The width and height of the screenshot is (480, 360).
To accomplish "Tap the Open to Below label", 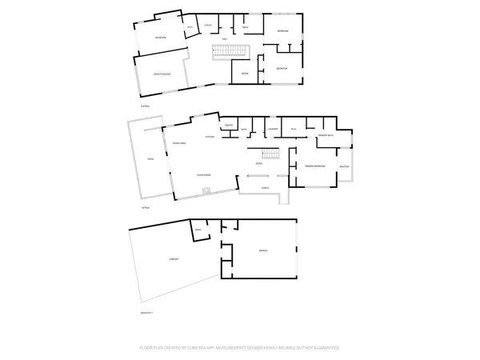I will pos(162,74).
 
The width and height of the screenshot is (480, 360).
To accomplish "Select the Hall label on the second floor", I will pos(226,38).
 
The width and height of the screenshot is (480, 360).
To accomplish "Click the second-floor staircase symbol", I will pos(230,53).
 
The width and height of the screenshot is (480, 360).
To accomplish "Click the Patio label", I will pos(149,160).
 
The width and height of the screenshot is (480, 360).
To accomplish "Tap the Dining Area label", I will pos(180,142).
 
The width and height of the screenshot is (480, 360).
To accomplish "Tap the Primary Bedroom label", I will pos(314,166).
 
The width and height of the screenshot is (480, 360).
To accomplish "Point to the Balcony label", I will pos(344,166).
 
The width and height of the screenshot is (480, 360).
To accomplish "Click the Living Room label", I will pos(203,174).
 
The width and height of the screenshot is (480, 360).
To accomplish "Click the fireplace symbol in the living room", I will pos(206,190).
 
